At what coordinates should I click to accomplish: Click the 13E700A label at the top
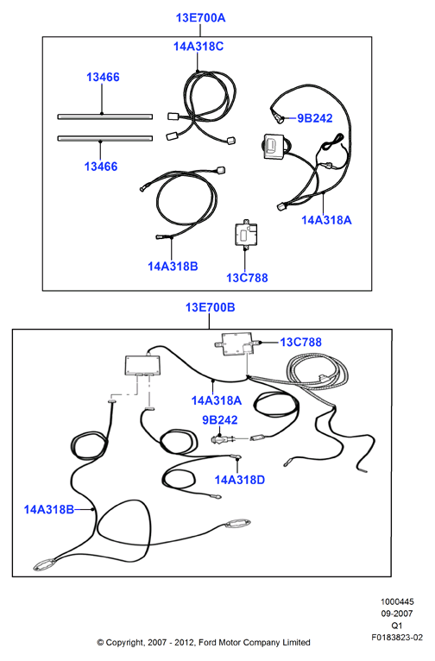coord(200,18)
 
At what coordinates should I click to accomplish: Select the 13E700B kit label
coord(210,307)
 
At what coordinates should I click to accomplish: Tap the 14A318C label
coord(199,47)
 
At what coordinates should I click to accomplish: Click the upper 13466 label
coord(103,77)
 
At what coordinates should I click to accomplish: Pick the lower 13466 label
coord(101,167)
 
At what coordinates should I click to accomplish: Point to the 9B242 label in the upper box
coord(315,118)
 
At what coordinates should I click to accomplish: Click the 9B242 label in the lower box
coord(219,420)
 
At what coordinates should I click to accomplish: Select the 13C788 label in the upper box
coord(247,278)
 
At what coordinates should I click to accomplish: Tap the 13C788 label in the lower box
coord(300,342)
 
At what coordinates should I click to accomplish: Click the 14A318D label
coord(239,480)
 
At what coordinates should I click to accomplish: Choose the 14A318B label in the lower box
coord(49,509)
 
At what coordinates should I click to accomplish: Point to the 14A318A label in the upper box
coord(326,220)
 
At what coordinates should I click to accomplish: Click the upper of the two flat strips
coord(105,116)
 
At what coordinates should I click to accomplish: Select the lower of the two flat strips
coord(105,138)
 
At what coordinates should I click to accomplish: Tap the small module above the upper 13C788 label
coord(246,233)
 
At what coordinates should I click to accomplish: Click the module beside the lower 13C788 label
coord(236,344)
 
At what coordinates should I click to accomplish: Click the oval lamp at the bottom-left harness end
coord(45,565)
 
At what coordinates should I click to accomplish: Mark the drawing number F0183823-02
coord(397,638)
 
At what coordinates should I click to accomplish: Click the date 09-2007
coord(397,614)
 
